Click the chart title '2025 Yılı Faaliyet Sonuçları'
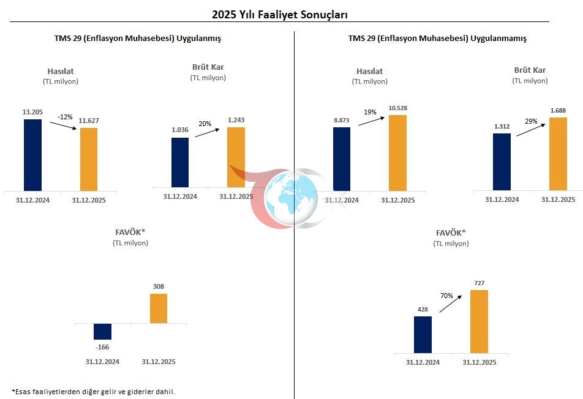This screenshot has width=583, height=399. click(284, 14)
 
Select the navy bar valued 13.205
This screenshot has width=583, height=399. click(33, 155)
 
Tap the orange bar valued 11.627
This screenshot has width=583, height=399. click(89, 159)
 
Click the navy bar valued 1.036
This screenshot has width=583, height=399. click(180, 162)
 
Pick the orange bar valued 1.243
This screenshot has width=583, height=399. click(236, 157)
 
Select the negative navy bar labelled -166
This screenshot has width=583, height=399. click(103, 331)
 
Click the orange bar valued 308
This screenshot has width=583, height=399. click(159, 308)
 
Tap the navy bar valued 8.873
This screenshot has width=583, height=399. click(342, 158)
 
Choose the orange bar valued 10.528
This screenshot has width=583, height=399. click(397, 152)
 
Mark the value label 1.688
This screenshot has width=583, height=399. click(558, 110)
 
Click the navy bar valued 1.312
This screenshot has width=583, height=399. click(502, 162)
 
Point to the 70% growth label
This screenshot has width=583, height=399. click(446, 296)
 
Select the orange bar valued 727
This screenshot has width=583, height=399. click(480, 321)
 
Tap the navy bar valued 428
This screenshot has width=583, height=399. click(423, 334)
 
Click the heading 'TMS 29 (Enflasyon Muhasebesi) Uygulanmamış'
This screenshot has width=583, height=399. click(437, 38)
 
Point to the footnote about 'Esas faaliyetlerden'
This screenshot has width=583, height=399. click(93, 391)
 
